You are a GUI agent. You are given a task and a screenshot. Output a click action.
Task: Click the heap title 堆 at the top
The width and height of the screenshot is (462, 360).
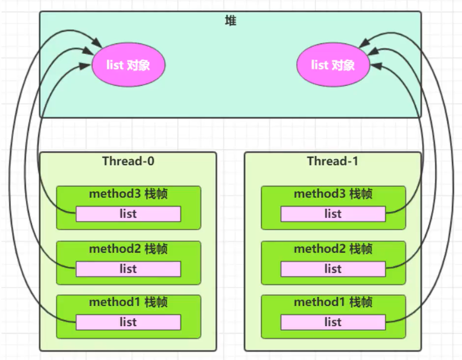pos(231,22)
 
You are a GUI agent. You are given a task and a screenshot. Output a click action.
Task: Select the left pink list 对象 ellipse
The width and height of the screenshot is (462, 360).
pos(128,65)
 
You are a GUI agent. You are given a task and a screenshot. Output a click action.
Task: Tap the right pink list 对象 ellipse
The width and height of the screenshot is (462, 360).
pos(333,65)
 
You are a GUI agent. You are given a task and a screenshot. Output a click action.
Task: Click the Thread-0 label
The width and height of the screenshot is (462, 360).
pos(128,161)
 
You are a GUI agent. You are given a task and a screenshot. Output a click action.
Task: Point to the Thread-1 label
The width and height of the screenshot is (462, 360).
pos(333,161)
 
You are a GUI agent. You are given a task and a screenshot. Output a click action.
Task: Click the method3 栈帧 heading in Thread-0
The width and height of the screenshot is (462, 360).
pos(128,194)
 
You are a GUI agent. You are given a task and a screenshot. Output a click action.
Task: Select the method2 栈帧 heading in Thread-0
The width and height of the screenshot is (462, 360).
pos(128,249)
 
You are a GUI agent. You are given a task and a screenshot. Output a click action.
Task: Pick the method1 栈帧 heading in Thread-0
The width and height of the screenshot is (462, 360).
pos(128,303)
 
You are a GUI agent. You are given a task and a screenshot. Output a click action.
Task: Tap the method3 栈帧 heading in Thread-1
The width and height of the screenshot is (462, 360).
pos(333,194)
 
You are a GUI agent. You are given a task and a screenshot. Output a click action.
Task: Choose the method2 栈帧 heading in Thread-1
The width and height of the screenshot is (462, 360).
pos(333,249)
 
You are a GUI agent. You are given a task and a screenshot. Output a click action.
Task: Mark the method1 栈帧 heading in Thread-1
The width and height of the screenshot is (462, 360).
pos(333,303)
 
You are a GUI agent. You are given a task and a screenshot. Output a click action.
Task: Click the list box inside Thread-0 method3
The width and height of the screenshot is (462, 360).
pos(128,214)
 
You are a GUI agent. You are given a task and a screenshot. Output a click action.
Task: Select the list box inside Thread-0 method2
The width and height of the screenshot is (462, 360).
pos(128,269)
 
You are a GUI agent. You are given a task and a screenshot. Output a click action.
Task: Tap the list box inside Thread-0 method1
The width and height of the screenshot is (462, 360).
pos(128,322)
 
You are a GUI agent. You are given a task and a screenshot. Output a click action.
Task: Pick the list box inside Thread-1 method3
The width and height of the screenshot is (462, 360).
pos(333,214)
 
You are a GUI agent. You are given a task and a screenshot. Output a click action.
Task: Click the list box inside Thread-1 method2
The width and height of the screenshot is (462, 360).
pos(333,269)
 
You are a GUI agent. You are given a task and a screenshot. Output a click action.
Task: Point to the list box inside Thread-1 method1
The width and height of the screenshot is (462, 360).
pos(333,322)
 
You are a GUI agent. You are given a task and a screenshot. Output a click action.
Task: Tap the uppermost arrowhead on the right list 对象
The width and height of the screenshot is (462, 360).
pos(362,45)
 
